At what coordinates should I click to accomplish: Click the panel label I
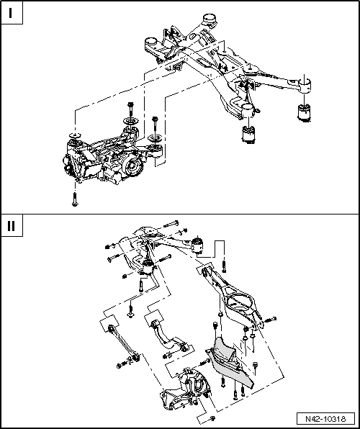12,12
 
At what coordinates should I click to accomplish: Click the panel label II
12,225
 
